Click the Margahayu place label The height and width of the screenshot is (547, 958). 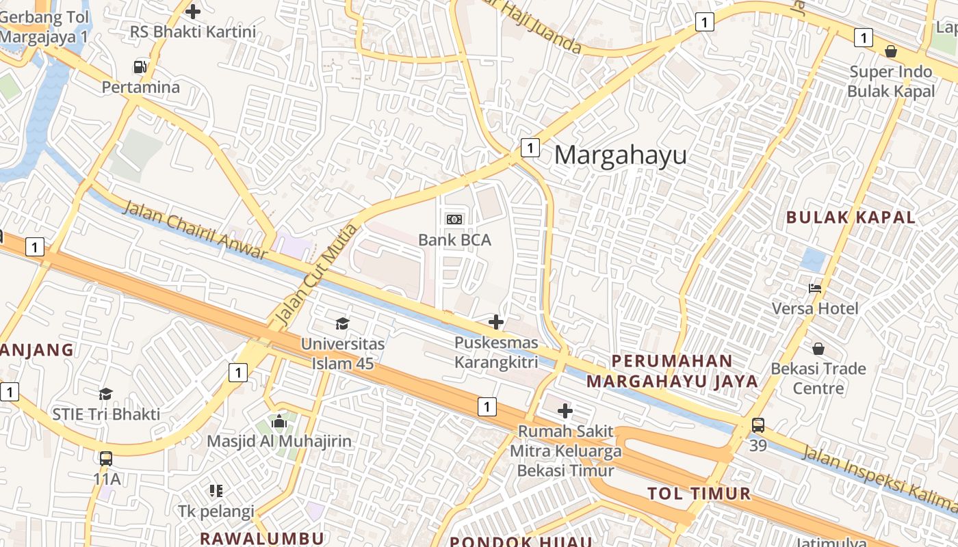coord(620,155)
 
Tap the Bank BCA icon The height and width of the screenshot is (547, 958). coord(454,219)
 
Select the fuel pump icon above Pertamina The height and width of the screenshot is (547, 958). coord(140,67)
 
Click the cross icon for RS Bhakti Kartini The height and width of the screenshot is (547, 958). coord(193,11)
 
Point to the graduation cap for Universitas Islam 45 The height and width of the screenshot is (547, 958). coord(342,323)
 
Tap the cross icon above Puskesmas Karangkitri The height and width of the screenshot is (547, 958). coord(496,322)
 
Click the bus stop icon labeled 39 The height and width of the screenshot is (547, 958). coord(758,425)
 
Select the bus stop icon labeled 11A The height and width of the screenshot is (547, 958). coord(106,458)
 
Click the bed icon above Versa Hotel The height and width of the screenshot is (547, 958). coord(814,288)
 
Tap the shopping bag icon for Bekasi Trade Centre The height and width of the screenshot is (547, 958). coord(818,349)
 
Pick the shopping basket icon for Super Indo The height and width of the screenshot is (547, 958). coord(891,51)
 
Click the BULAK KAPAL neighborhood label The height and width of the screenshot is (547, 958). coord(851,217)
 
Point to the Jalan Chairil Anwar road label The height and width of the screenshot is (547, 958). coord(195,230)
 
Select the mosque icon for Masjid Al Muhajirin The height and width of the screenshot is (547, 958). coord(279,421)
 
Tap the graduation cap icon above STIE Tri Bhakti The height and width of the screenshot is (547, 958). coord(105,394)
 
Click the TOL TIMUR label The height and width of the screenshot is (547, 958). coord(699,494)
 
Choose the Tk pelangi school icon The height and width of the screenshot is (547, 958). coord(216,490)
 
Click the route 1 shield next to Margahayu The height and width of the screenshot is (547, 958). coord(530,147)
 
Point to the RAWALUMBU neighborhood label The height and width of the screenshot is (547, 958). coord(262,537)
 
